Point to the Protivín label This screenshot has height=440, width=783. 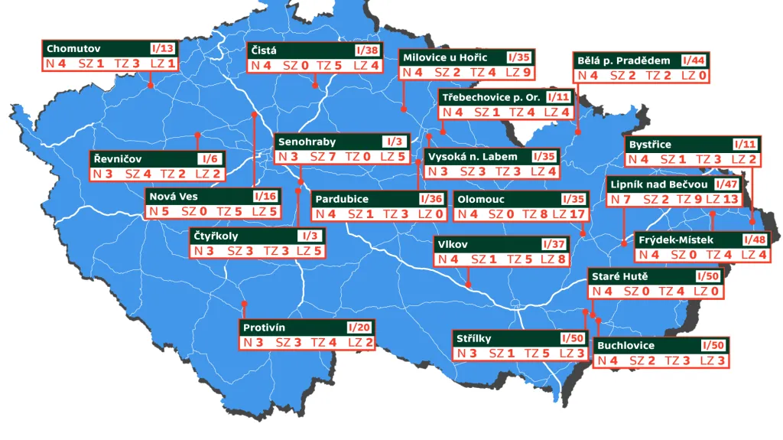[264, 328]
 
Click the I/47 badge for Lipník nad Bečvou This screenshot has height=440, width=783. [726, 184]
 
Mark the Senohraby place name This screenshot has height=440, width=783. [307, 142]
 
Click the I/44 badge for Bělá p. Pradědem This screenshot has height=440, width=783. [694, 60]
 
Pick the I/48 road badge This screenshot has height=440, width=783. [753, 240]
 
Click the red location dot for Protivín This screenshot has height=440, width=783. [244, 303]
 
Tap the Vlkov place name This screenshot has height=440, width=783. [453, 244]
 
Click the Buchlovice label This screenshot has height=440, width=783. [625, 345]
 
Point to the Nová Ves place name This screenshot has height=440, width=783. [174, 196]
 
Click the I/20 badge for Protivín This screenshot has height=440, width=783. [359, 328]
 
